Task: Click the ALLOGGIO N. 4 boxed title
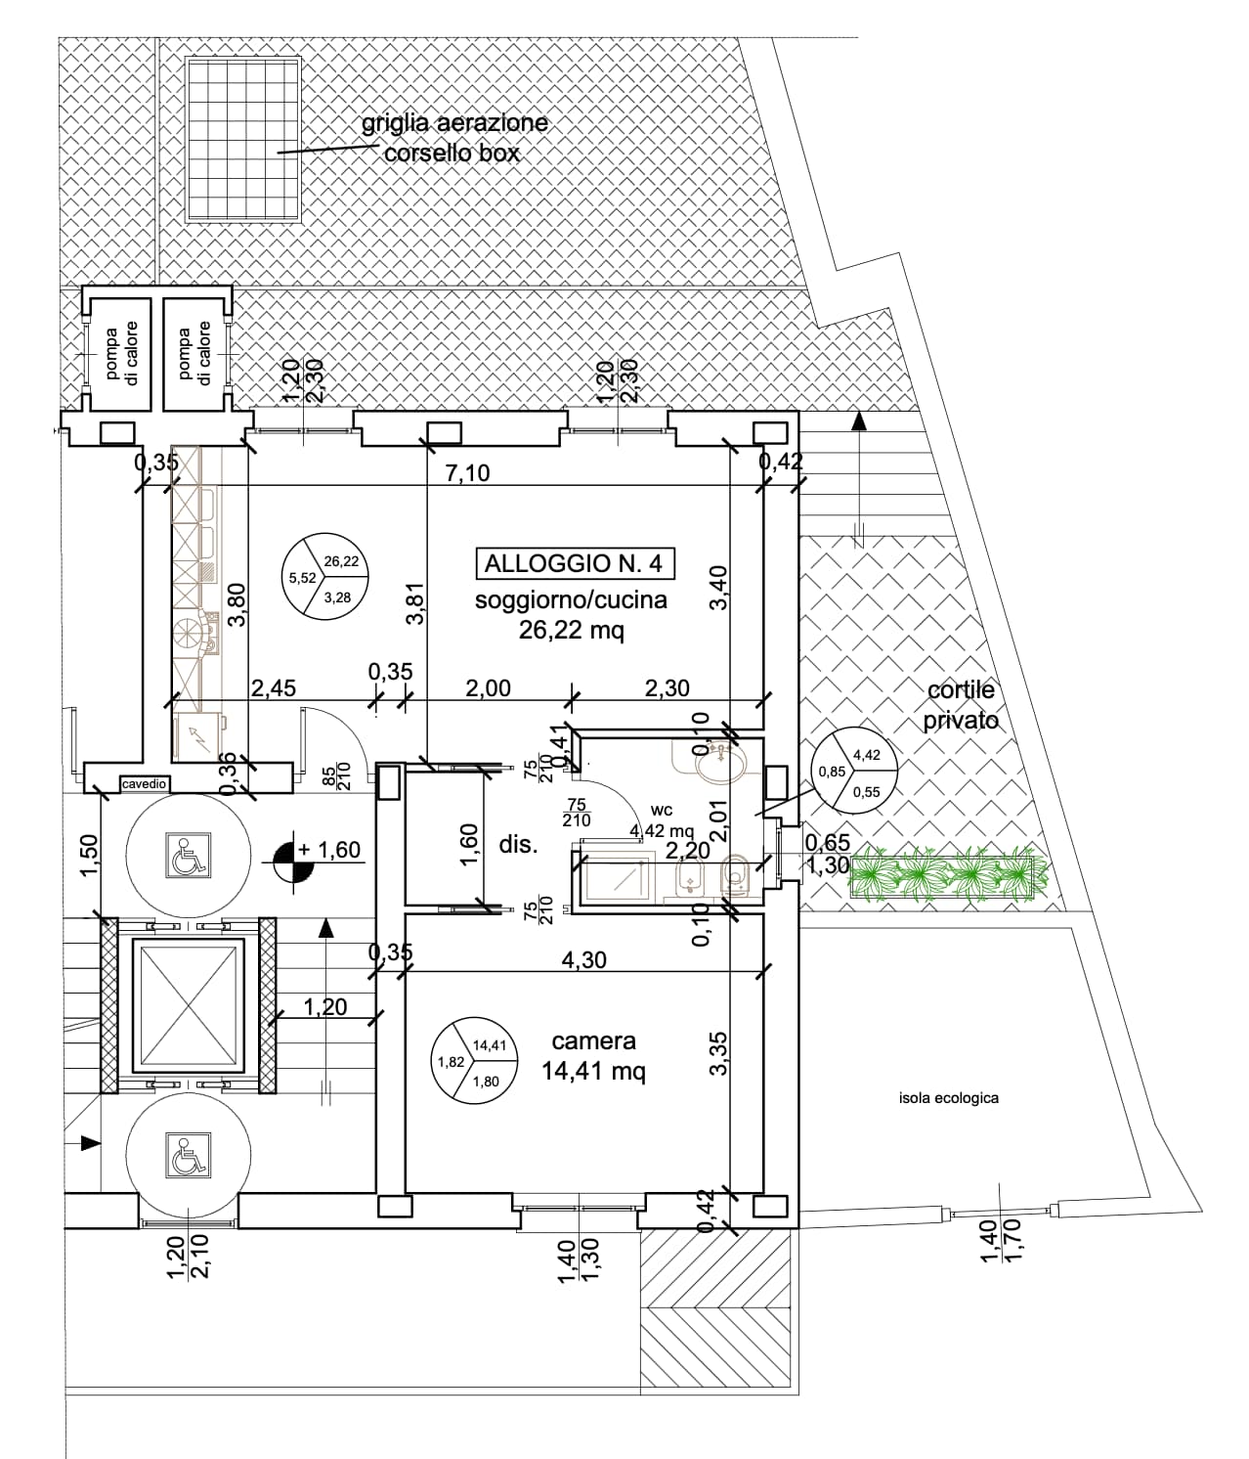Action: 574,563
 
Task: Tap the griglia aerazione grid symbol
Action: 242,139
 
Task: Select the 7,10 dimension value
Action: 467,473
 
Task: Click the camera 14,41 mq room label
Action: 593,1057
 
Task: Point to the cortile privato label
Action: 962,705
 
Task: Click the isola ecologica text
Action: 948,1098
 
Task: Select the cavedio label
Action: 145,783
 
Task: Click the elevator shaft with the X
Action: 186,1005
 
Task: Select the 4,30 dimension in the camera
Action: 584,959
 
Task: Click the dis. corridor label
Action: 518,845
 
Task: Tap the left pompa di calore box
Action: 121,352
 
